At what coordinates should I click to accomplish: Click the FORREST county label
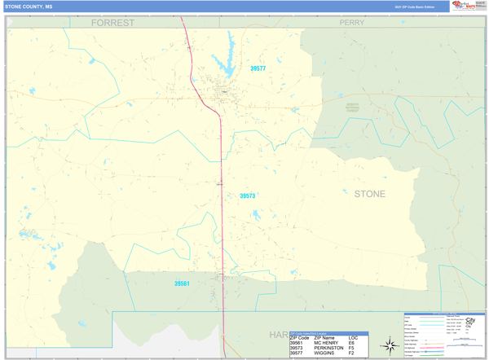(112, 23)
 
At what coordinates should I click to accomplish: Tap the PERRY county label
(352, 23)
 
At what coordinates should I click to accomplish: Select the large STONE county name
(369, 194)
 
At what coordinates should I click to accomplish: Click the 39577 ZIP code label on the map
(258, 69)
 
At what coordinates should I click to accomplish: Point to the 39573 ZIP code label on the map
(247, 196)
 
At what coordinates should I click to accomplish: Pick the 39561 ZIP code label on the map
(182, 283)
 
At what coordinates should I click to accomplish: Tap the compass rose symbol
(390, 345)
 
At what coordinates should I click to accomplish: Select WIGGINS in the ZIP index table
(324, 353)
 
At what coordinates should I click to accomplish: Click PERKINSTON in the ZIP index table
(328, 348)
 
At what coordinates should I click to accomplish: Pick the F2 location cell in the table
(351, 353)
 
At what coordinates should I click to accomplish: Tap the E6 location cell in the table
(351, 343)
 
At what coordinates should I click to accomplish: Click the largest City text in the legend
(470, 321)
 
